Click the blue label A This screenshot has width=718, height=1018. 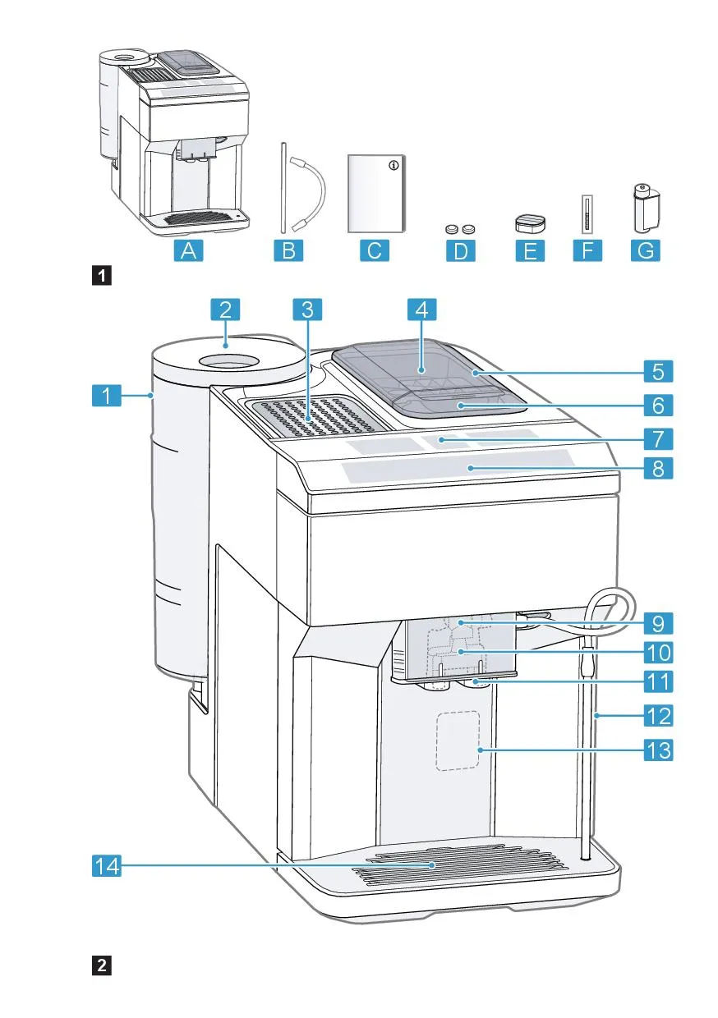[x=188, y=250]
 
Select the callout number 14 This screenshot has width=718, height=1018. [x=105, y=865]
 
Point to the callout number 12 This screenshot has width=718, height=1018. [x=657, y=716]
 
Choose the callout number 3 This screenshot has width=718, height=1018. [x=306, y=310]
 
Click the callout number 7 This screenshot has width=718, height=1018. [x=657, y=437]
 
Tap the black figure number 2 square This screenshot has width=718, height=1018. [x=101, y=965]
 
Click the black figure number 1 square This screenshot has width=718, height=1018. [x=101, y=275]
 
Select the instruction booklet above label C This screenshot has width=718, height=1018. [x=376, y=195]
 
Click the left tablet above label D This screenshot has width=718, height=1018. [x=450, y=231]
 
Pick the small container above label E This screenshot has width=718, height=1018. [x=530, y=224]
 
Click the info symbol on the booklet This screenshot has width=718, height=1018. [x=394, y=166]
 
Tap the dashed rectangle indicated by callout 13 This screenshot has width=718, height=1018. [x=458, y=741]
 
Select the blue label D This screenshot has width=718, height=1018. [x=459, y=250]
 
